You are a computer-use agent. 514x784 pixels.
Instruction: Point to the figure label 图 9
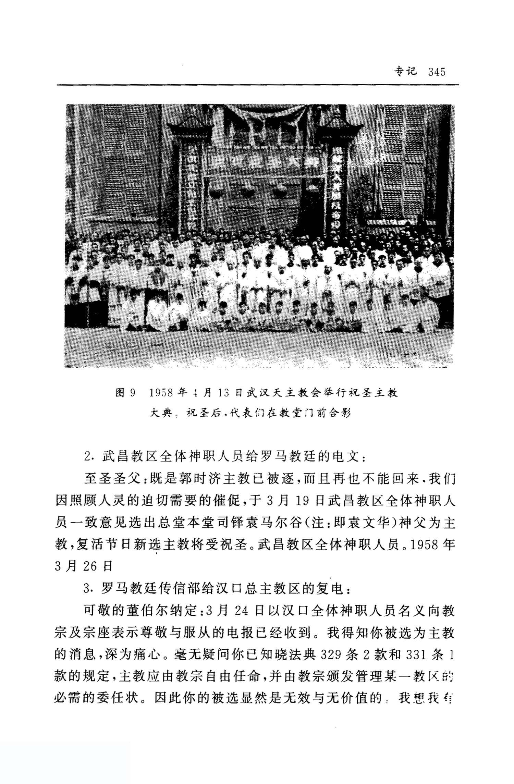click(x=126, y=393)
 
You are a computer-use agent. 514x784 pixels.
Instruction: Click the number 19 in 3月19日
click(x=303, y=501)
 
